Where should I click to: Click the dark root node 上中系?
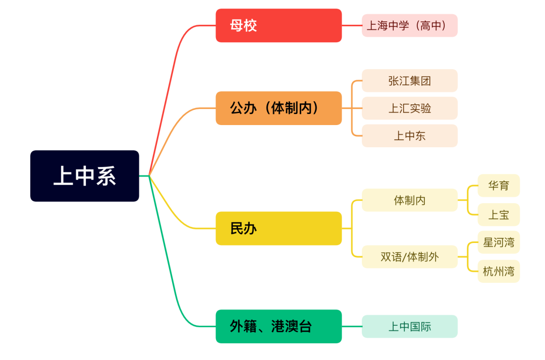[x=84, y=176]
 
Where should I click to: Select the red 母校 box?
[x=279, y=25]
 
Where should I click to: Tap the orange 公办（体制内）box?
[x=279, y=108]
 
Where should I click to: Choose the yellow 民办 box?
[x=279, y=228]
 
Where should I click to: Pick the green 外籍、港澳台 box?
[x=279, y=326]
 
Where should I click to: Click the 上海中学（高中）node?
[x=409, y=25]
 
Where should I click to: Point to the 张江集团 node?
[x=409, y=81]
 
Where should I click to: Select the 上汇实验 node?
[x=409, y=108]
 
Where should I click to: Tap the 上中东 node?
[x=409, y=136]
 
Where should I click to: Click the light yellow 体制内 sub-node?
[x=409, y=200]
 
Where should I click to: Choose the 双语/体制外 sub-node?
[x=409, y=257]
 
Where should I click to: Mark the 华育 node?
[x=499, y=186]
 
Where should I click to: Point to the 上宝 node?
[x=499, y=215]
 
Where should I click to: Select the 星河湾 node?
[x=499, y=242]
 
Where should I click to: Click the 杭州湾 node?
[x=499, y=271]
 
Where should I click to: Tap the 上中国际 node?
[x=409, y=326]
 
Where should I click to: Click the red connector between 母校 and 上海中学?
[x=352, y=25]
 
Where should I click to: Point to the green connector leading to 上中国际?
[x=352, y=326]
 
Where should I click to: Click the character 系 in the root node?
[x=106, y=176]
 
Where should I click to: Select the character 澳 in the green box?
[x=291, y=326]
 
